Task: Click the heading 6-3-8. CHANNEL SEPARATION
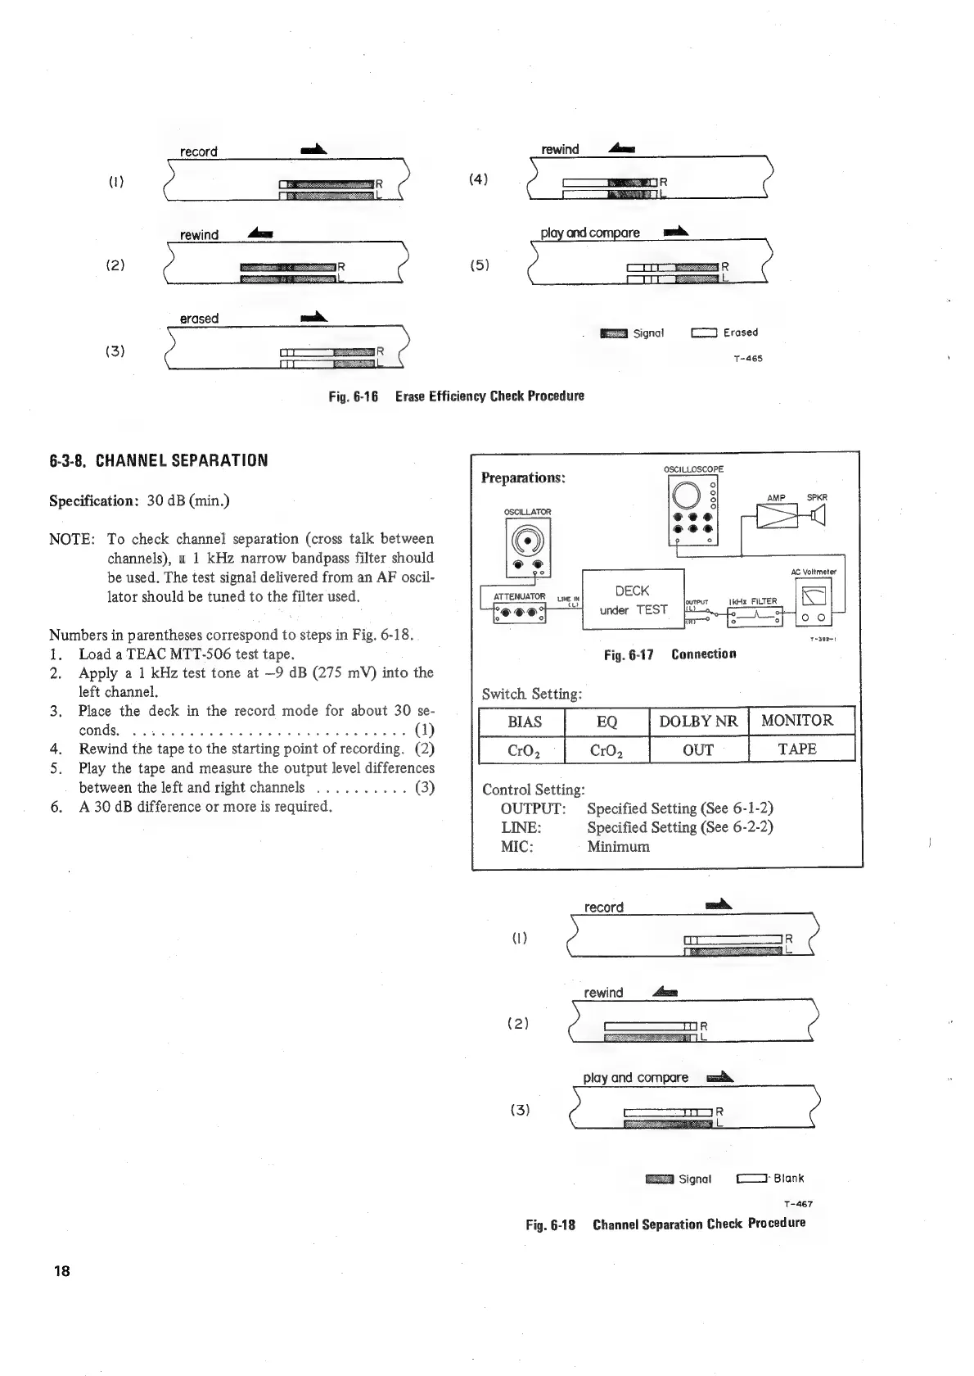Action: click(x=158, y=460)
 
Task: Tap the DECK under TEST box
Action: click(x=633, y=600)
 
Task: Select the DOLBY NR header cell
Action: click(x=698, y=721)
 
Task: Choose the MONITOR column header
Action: click(x=797, y=721)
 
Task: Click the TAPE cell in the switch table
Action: click(x=797, y=749)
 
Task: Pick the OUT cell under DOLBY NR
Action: click(x=698, y=749)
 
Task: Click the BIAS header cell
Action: click(x=525, y=721)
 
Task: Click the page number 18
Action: click(x=61, y=1270)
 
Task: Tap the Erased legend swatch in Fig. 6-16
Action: click(x=704, y=333)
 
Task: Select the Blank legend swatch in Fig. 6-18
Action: click(x=751, y=1179)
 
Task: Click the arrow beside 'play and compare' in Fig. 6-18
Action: click(x=718, y=1077)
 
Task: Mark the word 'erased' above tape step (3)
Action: click(x=199, y=319)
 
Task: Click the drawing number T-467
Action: click(x=797, y=1204)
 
